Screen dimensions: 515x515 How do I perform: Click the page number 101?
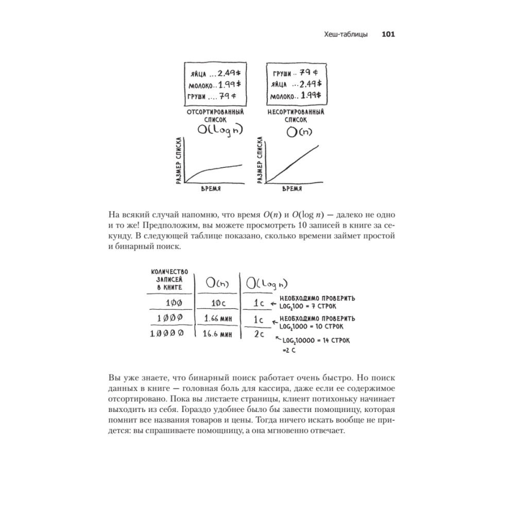tap(388, 35)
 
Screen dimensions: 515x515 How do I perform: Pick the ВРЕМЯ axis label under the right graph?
tap(291, 189)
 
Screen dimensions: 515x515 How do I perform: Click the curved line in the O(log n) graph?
tap(211, 169)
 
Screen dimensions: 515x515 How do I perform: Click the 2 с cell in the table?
tap(259, 335)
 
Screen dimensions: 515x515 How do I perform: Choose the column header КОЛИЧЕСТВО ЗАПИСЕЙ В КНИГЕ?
tap(169, 280)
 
